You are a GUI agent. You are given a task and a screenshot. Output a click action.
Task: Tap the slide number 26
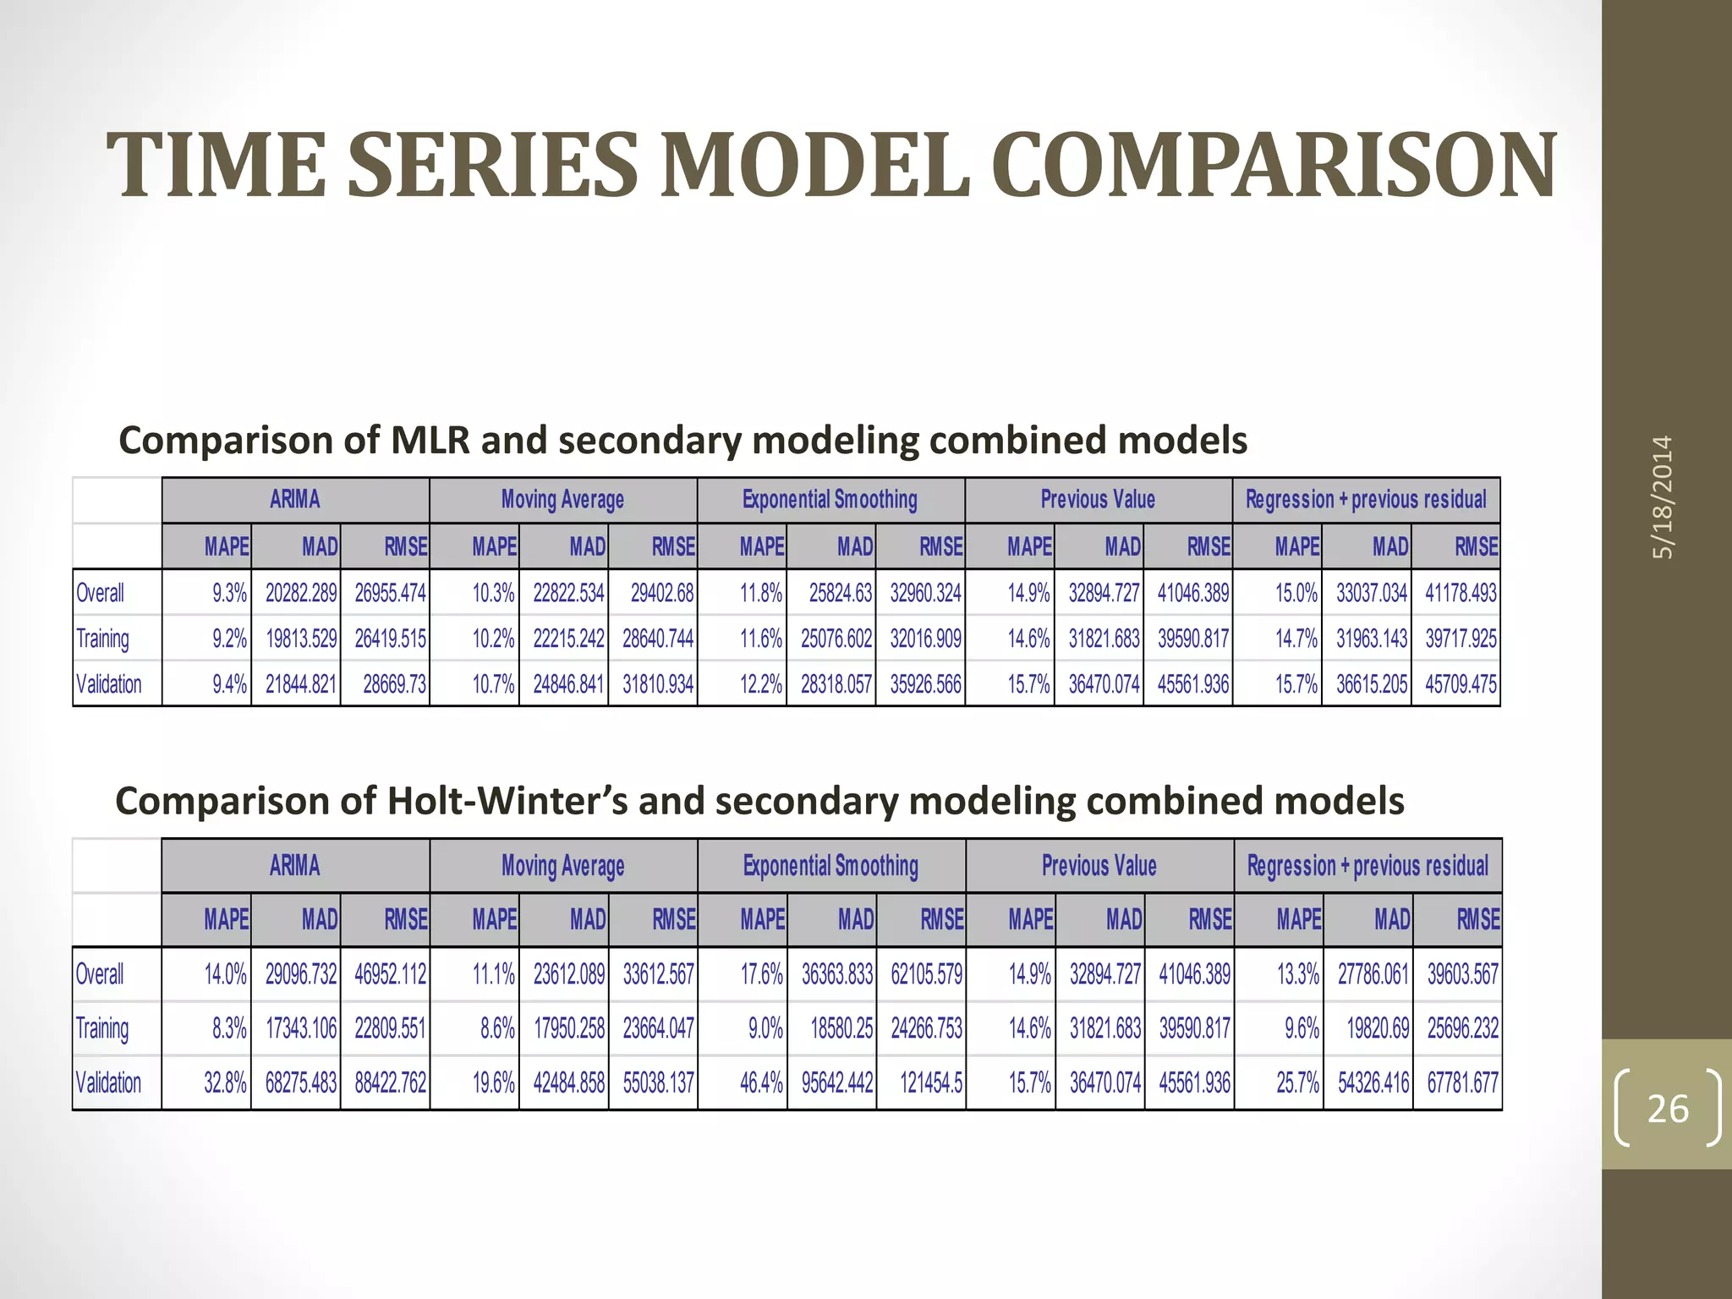1668,1109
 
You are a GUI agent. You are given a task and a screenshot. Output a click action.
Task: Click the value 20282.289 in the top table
301,593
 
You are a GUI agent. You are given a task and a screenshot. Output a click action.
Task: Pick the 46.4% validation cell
761,1082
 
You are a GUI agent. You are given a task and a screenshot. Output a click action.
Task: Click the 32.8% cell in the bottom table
225,1082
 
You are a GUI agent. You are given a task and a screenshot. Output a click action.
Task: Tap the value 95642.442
837,1082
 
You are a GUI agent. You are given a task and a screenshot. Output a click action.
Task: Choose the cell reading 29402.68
662,593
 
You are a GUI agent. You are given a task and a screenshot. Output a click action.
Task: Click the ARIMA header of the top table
295,499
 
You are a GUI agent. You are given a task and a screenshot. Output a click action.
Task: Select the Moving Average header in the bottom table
563,865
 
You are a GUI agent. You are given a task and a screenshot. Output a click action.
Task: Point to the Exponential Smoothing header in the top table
830,499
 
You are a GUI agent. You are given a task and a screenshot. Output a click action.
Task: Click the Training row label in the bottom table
102,1028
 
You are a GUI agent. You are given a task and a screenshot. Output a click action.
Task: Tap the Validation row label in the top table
109,683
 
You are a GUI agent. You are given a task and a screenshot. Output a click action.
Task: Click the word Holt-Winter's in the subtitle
507,800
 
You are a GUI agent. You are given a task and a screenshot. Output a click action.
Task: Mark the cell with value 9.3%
229,593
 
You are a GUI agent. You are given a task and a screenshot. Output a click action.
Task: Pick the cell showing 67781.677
1462,1082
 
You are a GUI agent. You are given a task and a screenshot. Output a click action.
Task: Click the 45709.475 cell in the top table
1461,683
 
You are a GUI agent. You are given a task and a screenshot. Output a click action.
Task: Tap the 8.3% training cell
229,1028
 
